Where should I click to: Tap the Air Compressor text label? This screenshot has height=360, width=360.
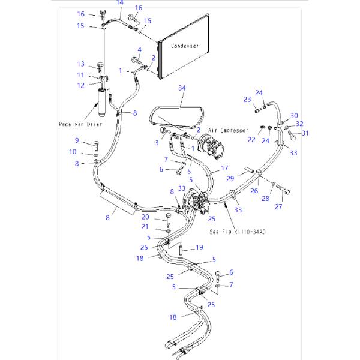(230, 130)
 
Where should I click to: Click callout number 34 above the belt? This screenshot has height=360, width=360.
(182, 88)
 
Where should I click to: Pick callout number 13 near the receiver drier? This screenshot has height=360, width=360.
(80, 64)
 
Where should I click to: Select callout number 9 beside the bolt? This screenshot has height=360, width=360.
(77, 140)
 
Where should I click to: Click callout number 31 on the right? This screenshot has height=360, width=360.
(305, 133)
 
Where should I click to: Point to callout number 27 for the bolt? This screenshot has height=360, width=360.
(278, 207)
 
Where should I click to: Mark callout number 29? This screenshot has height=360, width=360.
(230, 179)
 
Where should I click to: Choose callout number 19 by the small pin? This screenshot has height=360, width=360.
(200, 247)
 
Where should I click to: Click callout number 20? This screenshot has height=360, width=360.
(145, 217)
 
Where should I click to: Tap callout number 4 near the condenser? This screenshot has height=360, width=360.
(139, 50)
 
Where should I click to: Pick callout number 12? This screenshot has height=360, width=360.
(80, 85)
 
